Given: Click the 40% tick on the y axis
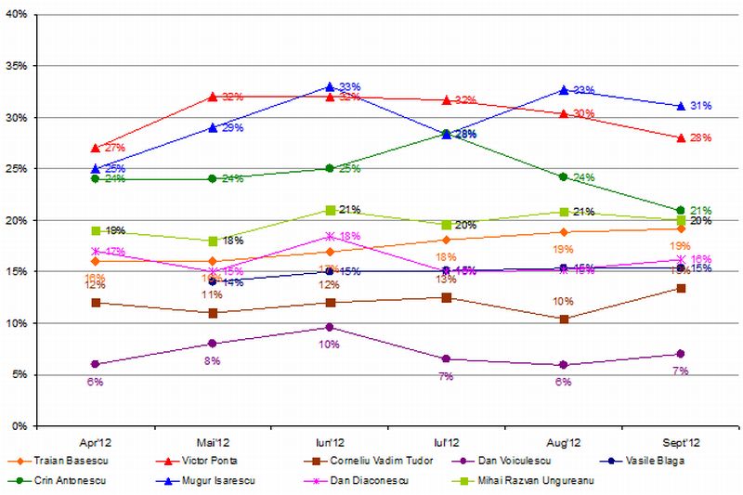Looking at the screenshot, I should point(20,16).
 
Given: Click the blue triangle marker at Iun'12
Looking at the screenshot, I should point(330,86).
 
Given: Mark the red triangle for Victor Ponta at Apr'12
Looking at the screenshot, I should point(95,148).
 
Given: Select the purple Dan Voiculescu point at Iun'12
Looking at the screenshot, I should point(330,327).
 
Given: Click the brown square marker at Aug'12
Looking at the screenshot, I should point(564,319).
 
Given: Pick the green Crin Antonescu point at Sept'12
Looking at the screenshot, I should point(681,210).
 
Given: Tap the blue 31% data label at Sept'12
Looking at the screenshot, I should point(700,106).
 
